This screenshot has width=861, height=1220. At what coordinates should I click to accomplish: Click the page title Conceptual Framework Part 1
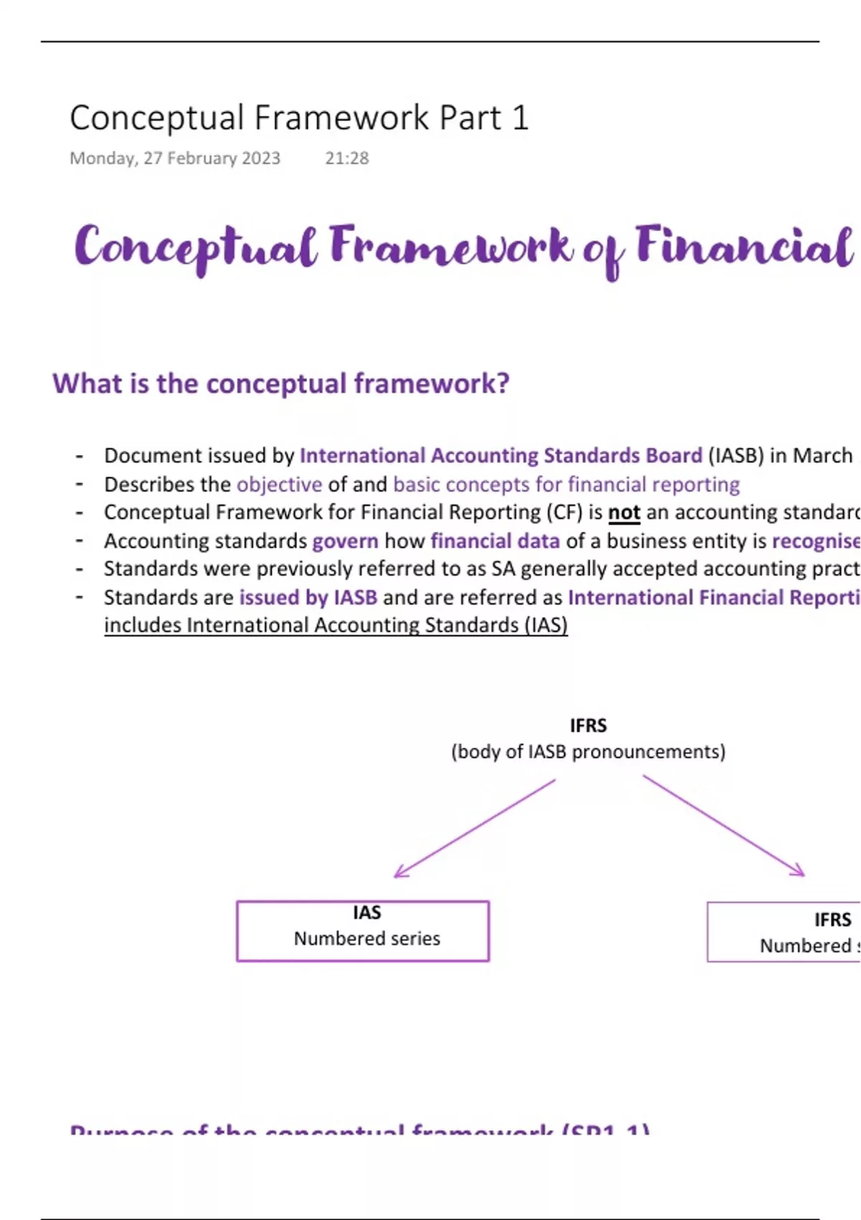(x=299, y=118)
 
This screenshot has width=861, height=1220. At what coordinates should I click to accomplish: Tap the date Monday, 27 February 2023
(x=174, y=159)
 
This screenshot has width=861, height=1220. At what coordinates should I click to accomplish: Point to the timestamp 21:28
(x=347, y=159)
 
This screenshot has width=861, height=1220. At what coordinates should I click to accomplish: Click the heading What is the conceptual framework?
(x=281, y=384)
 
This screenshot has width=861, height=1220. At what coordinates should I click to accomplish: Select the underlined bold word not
(x=624, y=513)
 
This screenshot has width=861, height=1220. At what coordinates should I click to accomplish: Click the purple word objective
(x=279, y=485)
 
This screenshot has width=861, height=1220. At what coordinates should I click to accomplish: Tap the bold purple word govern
(x=345, y=541)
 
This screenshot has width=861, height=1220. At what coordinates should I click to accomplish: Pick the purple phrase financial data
(x=495, y=541)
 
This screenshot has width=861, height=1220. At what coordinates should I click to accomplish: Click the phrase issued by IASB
(x=308, y=598)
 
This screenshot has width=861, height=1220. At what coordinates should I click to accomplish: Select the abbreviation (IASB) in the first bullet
(x=735, y=456)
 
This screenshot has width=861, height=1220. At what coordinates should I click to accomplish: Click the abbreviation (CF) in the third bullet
(x=564, y=513)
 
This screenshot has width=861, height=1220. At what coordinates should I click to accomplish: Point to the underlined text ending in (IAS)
(x=336, y=626)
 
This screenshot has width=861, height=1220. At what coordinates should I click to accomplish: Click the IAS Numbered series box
(x=363, y=931)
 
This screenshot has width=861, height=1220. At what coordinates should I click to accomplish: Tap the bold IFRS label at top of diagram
(x=588, y=726)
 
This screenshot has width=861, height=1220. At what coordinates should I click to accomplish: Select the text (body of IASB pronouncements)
(x=588, y=752)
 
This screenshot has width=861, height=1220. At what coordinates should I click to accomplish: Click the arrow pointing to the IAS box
(x=474, y=828)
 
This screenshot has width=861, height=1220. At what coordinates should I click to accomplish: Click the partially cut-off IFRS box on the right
(x=784, y=932)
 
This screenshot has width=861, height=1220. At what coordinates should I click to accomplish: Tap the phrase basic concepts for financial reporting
(x=566, y=485)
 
